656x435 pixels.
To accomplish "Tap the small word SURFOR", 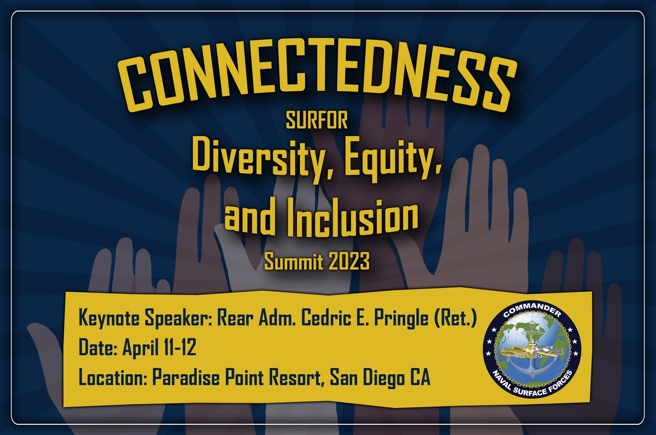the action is point(317,120).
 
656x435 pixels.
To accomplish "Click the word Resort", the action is point(297,378).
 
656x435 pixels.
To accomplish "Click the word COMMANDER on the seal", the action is point(532,309).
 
